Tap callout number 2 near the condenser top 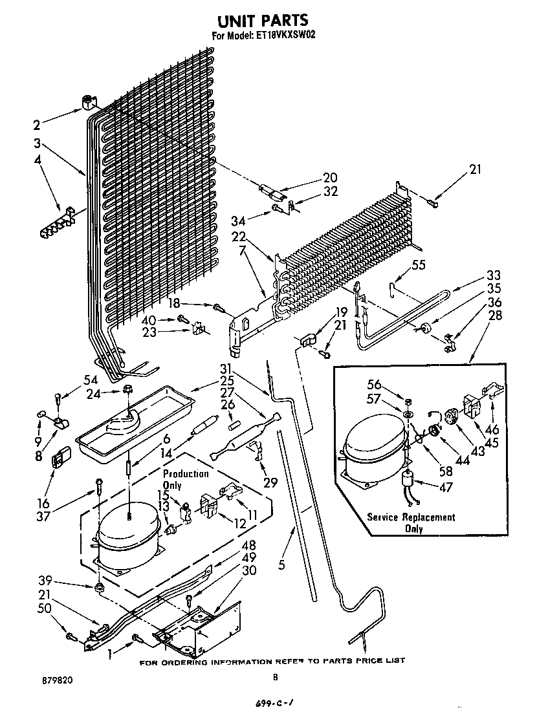point(37,125)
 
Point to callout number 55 point(419,264)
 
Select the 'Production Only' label point(186,479)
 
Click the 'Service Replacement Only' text point(411,522)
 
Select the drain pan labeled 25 point(136,422)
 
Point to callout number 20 point(330,178)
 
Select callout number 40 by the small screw point(149,319)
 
